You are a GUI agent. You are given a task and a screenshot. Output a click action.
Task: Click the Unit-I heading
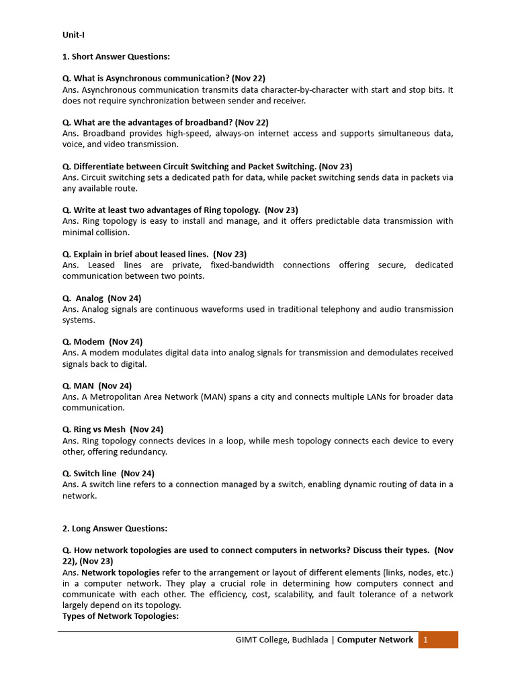[x=73, y=34]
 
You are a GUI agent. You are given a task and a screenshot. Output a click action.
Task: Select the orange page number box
[x=437, y=640]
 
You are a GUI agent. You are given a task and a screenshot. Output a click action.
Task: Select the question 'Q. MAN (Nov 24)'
[x=97, y=386]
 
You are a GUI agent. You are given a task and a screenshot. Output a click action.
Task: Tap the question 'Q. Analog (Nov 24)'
[x=101, y=298]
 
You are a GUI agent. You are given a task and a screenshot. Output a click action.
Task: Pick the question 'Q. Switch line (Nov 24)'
[x=108, y=473]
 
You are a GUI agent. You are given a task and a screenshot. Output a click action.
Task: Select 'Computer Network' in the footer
[x=375, y=640]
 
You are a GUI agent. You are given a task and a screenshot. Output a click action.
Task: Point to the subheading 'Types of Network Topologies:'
[x=120, y=616]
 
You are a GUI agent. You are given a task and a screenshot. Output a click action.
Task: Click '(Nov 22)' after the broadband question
[x=253, y=122]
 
